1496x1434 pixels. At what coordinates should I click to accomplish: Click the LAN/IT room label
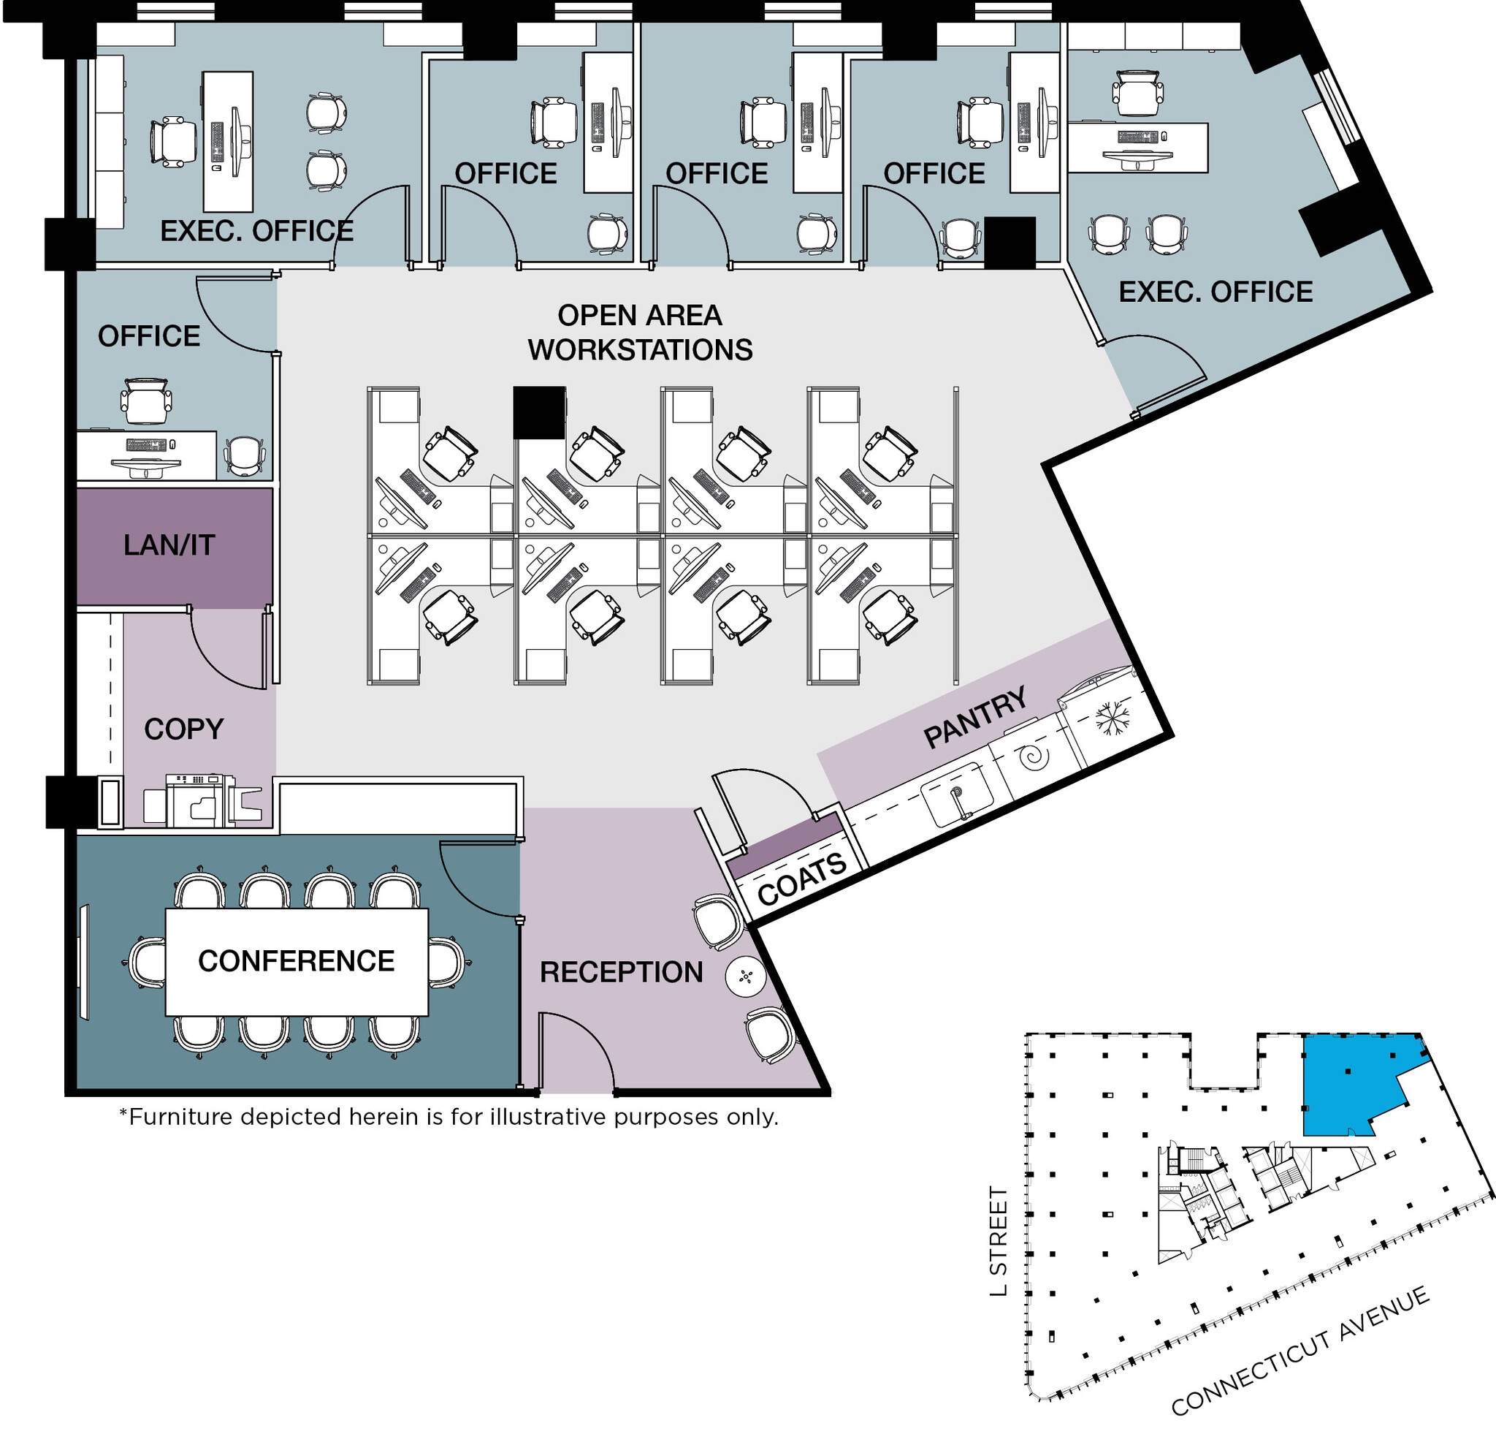(x=169, y=545)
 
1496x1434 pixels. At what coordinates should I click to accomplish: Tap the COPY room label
(x=184, y=729)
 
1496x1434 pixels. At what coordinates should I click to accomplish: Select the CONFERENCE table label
(x=296, y=961)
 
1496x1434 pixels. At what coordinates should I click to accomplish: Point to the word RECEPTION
(x=622, y=973)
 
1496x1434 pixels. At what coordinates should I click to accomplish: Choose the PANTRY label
(x=974, y=717)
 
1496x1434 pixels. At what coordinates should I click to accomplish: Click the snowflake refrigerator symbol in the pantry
(x=1112, y=719)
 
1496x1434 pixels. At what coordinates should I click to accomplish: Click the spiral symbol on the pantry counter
(x=1035, y=757)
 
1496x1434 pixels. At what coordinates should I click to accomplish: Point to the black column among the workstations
(x=539, y=412)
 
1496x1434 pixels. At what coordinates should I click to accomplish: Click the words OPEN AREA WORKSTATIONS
(x=640, y=333)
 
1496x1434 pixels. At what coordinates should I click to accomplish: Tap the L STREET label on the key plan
(x=999, y=1242)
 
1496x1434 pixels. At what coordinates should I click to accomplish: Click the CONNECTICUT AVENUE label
(x=1299, y=1351)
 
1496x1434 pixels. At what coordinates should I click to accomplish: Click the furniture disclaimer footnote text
(x=449, y=1117)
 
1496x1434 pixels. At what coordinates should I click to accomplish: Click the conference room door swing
(x=477, y=878)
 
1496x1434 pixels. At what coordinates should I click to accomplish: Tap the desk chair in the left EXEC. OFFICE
(x=174, y=142)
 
